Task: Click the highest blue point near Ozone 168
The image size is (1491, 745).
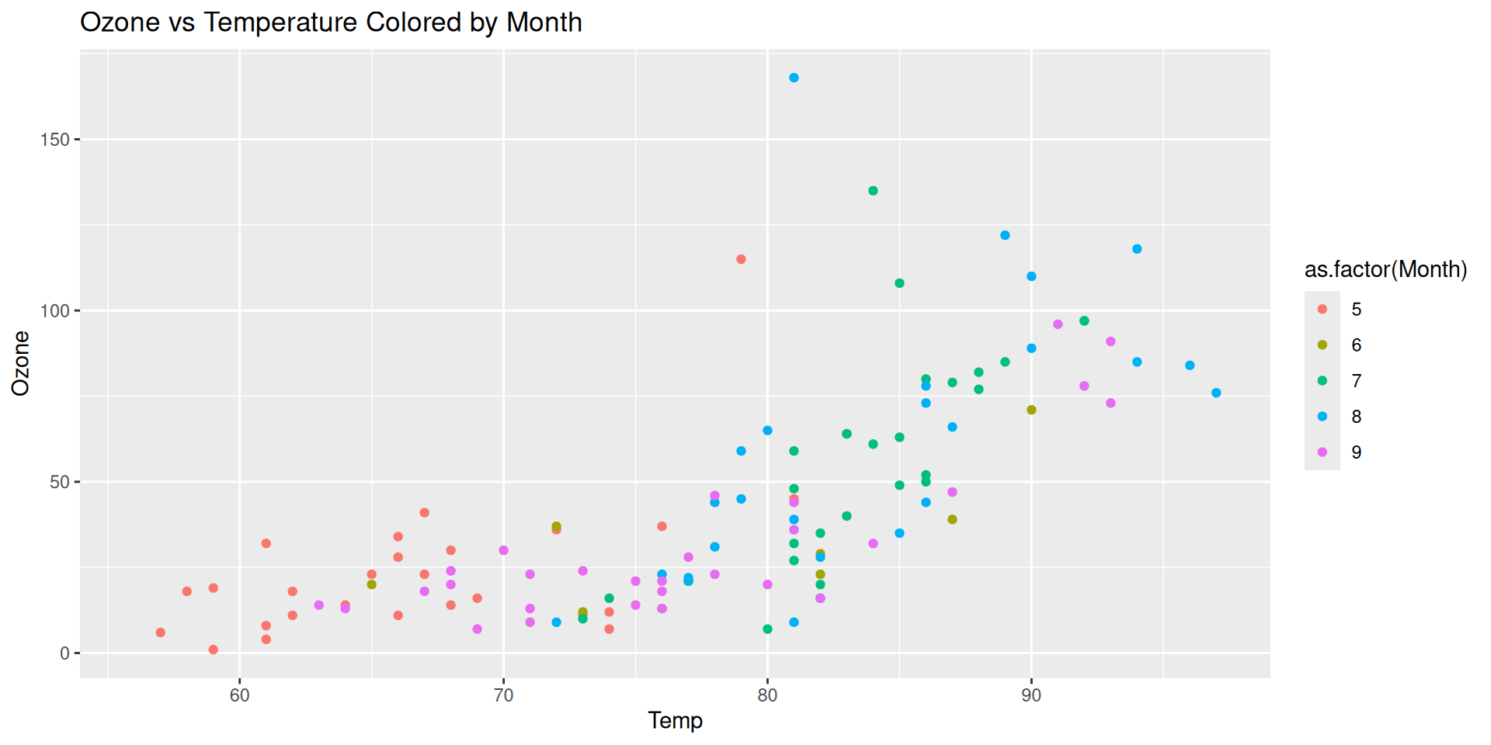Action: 794,78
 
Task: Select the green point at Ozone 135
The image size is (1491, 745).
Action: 873,191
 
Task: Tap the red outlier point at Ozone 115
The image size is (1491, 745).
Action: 741,259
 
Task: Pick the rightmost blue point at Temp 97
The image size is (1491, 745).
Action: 1216,393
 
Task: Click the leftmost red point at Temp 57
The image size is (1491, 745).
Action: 161,632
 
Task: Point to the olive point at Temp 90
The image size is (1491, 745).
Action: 1031,410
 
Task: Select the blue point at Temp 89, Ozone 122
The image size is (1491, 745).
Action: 1005,235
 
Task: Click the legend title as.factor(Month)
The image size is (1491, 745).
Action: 1385,269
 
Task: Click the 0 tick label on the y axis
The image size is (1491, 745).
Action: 64,653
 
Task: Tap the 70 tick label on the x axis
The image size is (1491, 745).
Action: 503,695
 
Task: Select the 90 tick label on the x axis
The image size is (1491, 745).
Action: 1031,695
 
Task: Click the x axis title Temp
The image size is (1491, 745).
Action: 675,721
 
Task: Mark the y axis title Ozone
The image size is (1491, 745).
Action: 20,363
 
